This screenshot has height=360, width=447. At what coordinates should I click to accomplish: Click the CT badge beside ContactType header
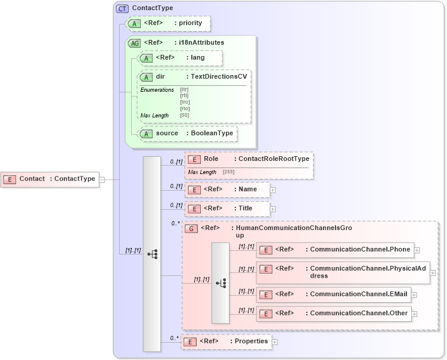[122, 8]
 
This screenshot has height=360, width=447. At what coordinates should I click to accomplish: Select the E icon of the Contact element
[10, 179]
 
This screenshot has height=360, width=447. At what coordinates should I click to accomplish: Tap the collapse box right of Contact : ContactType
[102, 179]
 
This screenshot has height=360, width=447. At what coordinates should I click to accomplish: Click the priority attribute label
[191, 23]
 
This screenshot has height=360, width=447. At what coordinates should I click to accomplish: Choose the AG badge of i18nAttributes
[135, 43]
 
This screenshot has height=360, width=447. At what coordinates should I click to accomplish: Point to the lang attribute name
[197, 58]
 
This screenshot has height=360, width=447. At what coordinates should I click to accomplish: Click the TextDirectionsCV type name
[219, 77]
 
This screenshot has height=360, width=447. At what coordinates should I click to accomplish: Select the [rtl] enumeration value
[185, 95]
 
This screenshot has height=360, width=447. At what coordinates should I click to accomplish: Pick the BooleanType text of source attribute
[212, 134]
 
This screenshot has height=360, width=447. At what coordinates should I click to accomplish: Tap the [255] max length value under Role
[228, 172]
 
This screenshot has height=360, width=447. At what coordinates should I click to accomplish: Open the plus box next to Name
[273, 190]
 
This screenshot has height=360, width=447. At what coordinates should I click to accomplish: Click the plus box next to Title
[273, 209]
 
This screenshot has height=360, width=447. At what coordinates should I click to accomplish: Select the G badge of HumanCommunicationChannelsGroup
[191, 228]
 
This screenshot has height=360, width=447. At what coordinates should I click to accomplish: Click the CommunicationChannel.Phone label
[360, 250]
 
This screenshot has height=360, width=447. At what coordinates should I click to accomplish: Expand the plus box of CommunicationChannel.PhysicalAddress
[432, 272]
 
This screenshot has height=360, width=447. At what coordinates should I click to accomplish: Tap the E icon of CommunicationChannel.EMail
[266, 294]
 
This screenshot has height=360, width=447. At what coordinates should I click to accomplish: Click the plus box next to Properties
[275, 342]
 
